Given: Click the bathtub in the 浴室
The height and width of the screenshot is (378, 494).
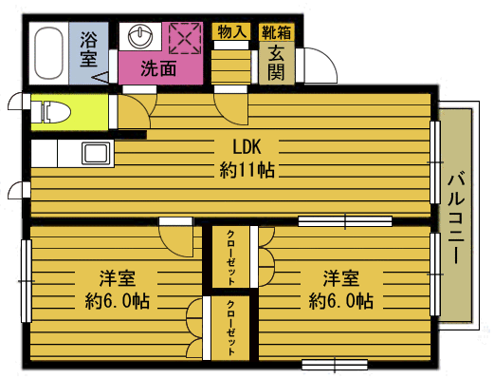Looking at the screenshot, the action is tap(48, 53).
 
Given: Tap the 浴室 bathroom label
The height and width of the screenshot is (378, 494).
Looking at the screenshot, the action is tap(88, 49).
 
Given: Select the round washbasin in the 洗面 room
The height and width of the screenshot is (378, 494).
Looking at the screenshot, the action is tap(140, 36).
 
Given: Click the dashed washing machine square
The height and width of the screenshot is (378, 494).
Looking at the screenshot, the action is tap(185, 39).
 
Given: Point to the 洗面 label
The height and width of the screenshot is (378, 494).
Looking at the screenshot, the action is tap(158, 68).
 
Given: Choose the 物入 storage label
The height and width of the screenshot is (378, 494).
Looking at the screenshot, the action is tap(231, 32).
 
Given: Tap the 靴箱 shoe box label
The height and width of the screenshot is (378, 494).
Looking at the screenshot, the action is tap(276, 32).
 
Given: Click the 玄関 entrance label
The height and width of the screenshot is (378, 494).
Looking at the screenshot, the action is tap(276, 65).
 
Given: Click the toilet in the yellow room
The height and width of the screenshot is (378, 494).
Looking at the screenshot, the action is tap(55, 112).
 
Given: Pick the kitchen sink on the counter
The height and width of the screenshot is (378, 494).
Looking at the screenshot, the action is tap(98, 153).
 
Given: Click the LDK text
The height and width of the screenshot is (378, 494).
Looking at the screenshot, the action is tap(247, 147).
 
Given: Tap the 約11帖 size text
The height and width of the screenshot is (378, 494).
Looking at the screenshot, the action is tap(247, 170).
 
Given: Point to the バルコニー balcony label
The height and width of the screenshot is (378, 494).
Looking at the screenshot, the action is tap(456, 217).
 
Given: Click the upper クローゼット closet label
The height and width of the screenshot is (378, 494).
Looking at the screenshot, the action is tap(230, 258).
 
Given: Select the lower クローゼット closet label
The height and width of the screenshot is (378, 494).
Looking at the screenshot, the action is tap(230, 329).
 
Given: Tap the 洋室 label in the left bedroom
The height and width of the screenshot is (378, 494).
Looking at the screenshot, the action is tap(118, 278).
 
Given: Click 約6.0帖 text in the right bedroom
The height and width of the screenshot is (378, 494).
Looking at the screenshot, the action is tap(341, 301).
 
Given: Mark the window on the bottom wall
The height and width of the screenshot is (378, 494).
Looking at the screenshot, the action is tap(335, 365).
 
